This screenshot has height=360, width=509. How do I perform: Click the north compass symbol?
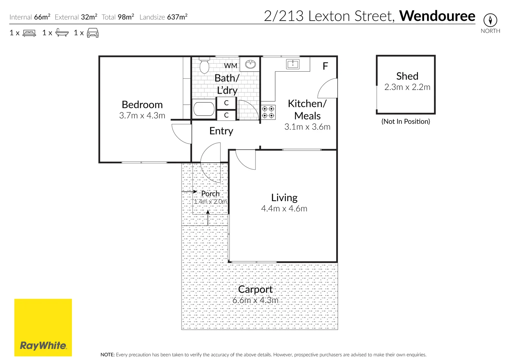pos(490,20)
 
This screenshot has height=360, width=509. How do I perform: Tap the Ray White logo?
pos(43,328)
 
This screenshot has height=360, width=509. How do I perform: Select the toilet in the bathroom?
pos(204,66)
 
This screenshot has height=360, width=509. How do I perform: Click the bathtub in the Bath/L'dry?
pos(204,109)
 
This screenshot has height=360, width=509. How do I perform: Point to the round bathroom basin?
pos(250,64)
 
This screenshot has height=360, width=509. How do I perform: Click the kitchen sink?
pos(293,64)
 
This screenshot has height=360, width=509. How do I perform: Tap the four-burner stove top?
pos(268,112)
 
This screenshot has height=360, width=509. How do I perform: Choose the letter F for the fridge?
pos(325,66)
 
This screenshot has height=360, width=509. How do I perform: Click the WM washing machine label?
pos(230,66)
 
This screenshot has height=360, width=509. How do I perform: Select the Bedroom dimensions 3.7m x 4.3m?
pos(142,115)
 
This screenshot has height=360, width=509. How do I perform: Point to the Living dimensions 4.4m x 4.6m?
pos(284,208)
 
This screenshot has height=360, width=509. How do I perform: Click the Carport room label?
pos(256,289)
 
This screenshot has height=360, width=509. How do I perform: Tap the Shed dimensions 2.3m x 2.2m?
pos(407,87)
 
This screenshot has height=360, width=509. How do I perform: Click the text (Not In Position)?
pos(406,121)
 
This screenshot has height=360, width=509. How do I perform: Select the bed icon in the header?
pos(29,33)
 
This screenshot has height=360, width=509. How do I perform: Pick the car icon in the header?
pos(93,33)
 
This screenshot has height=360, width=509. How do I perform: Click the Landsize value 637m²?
pos(177,17)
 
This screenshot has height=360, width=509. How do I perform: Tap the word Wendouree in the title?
pos(437,16)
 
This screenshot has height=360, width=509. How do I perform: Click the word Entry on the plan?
pos(221,131)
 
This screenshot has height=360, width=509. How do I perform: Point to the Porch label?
pos(210,194)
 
